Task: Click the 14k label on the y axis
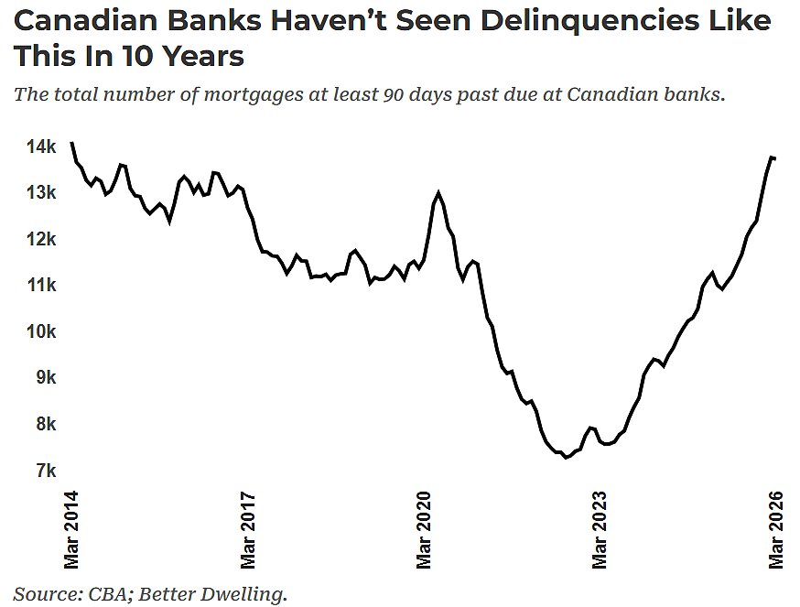point(41,147)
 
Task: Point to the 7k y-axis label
point(46,471)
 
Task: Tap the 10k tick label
point(41,331)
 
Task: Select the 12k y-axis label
point(41,239)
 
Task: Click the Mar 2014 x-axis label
point(71,530)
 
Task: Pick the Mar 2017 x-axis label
point(248,530)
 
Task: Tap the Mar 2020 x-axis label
point(424,530)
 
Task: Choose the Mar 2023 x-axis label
point(600,530)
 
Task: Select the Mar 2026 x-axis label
point(776,530)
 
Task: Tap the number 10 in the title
point(137,56)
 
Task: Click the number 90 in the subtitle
point(393,94)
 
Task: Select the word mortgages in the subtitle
point(254,95)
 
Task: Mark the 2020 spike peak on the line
point(438,193)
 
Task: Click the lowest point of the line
point(566,458)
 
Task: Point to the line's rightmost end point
point(775,158)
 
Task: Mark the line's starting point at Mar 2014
point(71,143)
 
